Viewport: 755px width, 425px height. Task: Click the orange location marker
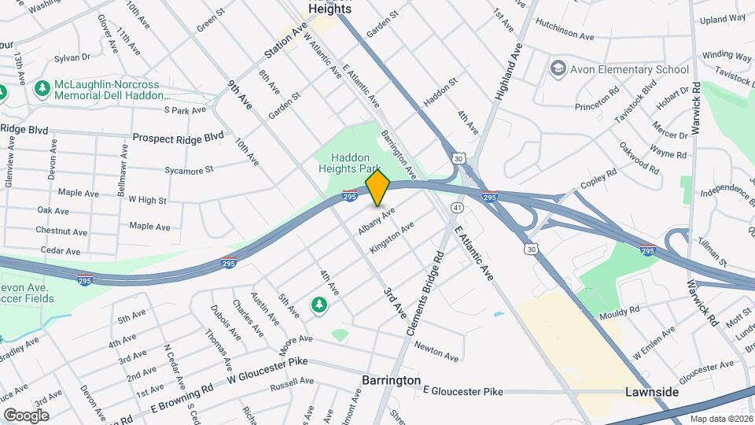pos(377,188)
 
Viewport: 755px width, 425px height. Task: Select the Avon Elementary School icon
pos(558,69)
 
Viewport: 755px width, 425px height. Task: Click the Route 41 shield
pos(456,207)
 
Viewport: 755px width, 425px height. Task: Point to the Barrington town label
pos(391,380)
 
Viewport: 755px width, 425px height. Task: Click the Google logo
pos(26,415)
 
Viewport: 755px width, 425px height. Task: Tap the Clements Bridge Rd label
pos(425,294)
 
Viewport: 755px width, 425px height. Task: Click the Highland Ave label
pos(509,72)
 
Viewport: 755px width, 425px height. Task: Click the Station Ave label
pos(285,42)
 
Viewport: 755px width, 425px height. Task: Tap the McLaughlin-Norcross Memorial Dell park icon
pos(42,90)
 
